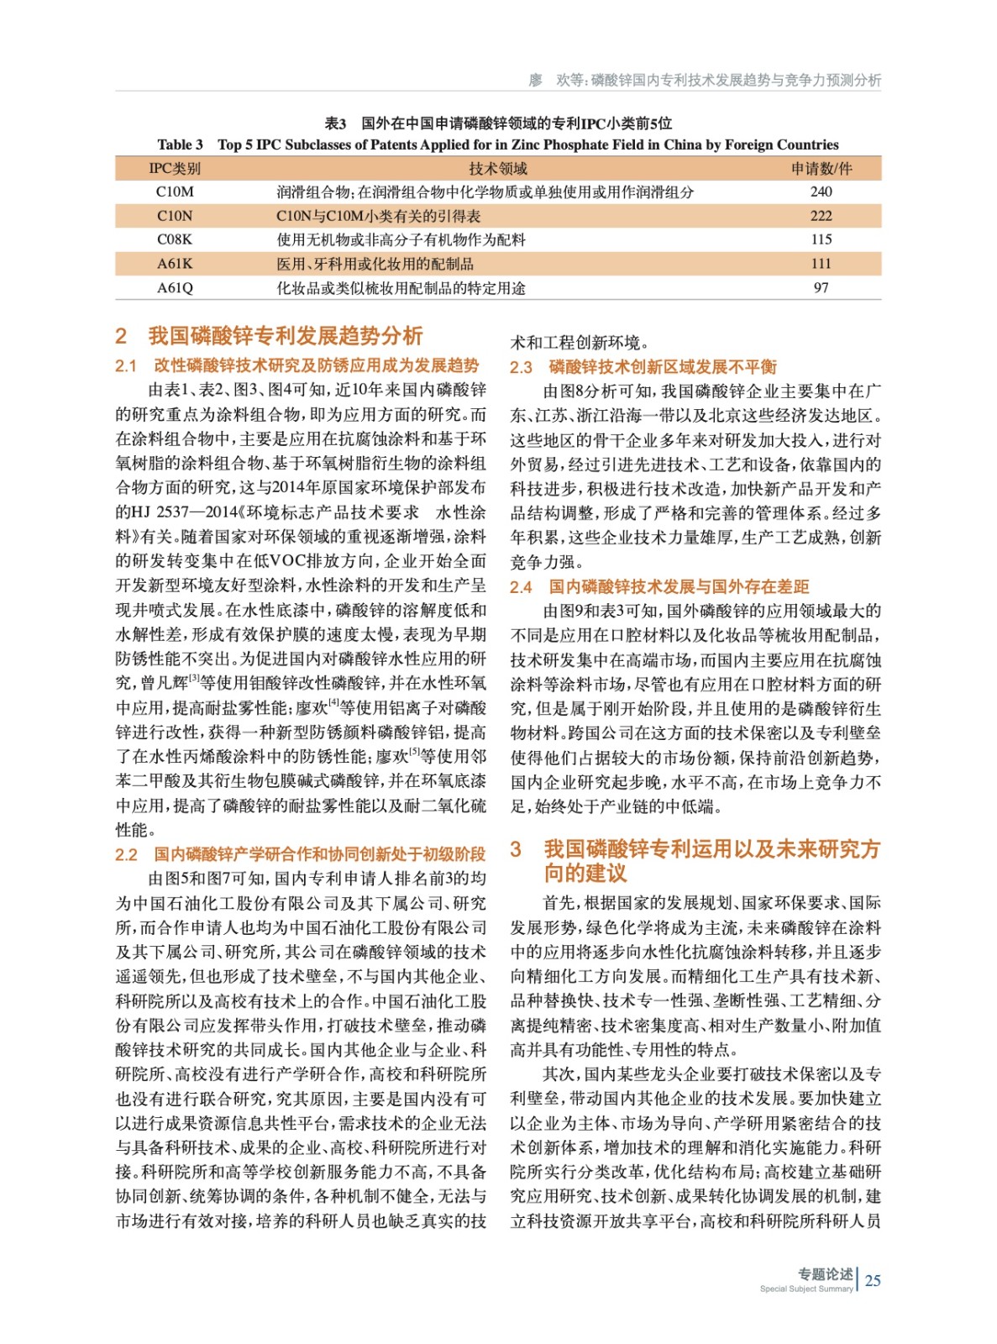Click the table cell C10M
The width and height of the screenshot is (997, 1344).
coord(175,192)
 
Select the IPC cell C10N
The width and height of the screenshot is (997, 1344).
coord(175,216)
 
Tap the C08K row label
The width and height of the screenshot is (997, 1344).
coord(175,239)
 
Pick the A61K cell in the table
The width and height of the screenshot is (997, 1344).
coord(175,264)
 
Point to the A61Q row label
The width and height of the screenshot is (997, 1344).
coord(175,288)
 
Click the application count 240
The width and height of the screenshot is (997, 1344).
coord(821,192)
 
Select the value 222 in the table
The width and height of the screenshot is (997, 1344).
coord(821,216)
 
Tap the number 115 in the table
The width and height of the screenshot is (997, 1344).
coord(821,239)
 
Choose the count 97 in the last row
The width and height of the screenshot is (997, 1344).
coord(821,288)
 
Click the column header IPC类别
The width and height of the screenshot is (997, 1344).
coord(175,168)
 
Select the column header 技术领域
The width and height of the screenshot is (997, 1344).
coord(498,168)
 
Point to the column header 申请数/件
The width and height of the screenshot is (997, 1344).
coord(821,168)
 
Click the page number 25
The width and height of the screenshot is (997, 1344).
coord(873,1280)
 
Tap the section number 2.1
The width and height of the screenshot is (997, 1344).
coord(126,366)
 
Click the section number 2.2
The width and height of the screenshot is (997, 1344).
coord(126,855)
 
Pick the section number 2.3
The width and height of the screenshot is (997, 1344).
coord(521,367)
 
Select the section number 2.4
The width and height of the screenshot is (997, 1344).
coord(521,587)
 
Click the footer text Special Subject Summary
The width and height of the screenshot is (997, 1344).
coord(805,1289)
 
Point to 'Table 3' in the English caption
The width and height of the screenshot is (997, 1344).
coord(180,144)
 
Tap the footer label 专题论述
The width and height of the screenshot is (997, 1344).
coord(825,1273)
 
